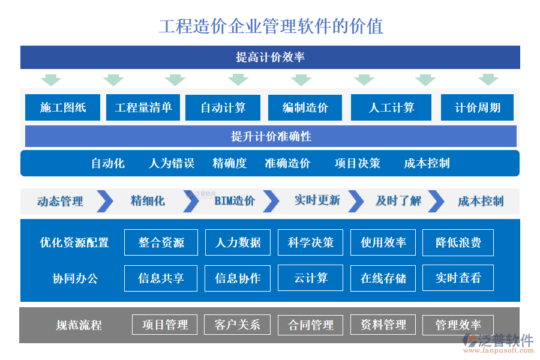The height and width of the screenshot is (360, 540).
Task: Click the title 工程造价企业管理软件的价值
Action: pyautogui.click(x=271, y=26)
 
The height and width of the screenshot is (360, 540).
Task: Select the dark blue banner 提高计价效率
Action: pyautogui.click(x=270, y=58)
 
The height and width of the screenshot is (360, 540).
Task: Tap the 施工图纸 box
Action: pyautogui.click(x=62, y=108)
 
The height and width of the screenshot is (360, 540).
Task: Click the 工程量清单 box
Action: pyautogui.click(x=143, y=108)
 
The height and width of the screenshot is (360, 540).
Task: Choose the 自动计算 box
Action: pyautogui.click(x=223, y=108)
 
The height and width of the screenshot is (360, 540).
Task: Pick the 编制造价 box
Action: pyautogui.click(x=305, y=108)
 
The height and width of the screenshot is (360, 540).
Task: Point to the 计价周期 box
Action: pyautogui.click(x=477, y=108)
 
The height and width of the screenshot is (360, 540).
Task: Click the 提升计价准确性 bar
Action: pyautogui.click(x=271, y=136)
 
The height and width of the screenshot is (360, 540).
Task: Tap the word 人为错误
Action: pyautogui.click(x=172, y=163)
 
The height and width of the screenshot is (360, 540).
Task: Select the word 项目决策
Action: pyautogui.click(x=357, y=163)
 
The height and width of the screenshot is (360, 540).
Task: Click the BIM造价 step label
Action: pyautogui.click(x=235, y=201)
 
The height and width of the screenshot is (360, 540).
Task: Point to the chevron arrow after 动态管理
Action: pyautogui.click(x=105, y=201)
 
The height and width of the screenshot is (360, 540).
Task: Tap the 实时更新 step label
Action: pyautogui.click(x=317, y=200)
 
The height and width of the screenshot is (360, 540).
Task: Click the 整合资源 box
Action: pyautogui.click(x=161, y=242)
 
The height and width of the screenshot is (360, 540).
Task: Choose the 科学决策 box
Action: pyautogui.click(x=310, y=242)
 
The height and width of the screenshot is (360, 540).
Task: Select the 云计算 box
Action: pyautogui.click(x=310, y=278)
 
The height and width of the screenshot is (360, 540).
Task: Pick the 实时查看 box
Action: pyautogui.click(x=458, y=278)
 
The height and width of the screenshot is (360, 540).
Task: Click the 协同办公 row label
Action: pyautogui.click(x=75, y=278)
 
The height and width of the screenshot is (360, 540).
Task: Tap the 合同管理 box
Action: pyautogui.click(x=310, y=325)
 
